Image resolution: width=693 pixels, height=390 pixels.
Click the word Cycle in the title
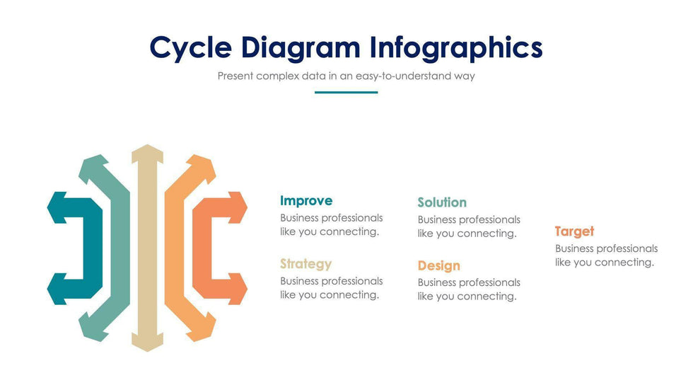click(x=190, y=48)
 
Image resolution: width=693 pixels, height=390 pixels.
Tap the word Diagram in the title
click(x=301, y=48)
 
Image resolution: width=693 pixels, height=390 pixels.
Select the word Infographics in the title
click(x=455, y=48)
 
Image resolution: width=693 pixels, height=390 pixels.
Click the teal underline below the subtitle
click(x=346, y=93)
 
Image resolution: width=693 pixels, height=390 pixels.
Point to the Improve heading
click(x=306, y=201)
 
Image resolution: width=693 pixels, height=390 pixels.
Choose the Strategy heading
click(x=305, y=264)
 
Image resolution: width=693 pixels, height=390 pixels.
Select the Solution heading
click(x=442, y=202)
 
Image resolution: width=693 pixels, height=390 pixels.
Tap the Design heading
click(x=439, y=265)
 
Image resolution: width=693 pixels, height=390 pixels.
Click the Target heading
click(x=574, y=231)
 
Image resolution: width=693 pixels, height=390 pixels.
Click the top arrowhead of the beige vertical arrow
click(x=148, y=153)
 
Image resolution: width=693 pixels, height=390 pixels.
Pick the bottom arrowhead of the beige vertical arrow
click(x=148, y=343)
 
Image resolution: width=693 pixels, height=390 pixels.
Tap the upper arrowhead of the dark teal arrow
click(x=57, y=207)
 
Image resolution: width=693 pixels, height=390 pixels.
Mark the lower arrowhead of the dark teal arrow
click(x=57, y=289)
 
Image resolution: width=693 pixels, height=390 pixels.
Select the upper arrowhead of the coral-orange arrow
click(x=238, y=207)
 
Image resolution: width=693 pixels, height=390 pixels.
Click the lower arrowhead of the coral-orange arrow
click(x=238, y=289)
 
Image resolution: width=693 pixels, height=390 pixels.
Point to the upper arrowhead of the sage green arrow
click(x=93, y=167)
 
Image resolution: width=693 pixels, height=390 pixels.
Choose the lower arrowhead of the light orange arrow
click(x=202, y=328)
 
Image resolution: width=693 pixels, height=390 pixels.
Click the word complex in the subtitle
click(x=277, y=76)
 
